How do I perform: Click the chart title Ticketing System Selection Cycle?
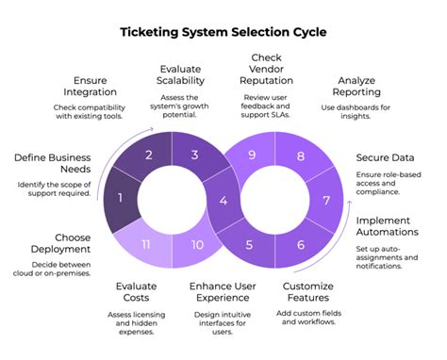point(223,32)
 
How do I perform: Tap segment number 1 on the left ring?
point(119,199)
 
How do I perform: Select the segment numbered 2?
point(147,155)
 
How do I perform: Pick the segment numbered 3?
point(196,155)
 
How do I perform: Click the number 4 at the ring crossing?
point(223,200)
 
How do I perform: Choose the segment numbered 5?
point(250,245)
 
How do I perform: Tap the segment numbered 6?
point(300,245)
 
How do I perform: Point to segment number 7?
point(326,200)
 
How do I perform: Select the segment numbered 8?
point(300,155)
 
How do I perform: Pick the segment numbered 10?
point(196,245)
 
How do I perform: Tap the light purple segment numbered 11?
point(146,245)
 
